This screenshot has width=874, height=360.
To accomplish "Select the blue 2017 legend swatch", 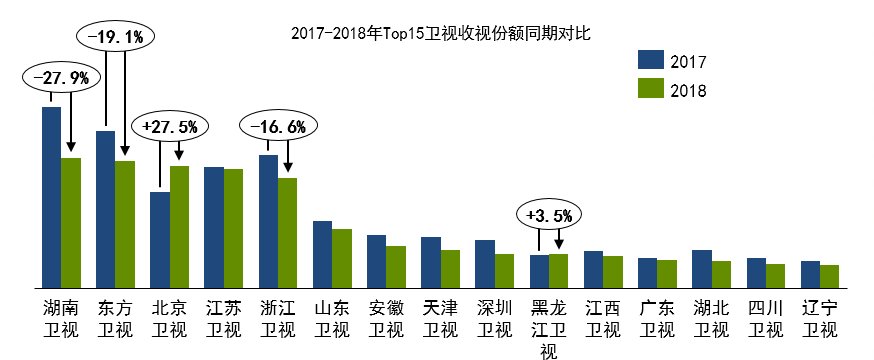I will click(x=651, y=60).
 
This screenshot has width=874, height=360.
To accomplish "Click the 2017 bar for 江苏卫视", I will click(x=213, y=228).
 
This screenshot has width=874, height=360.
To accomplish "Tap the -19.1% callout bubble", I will click(x=115, y=37).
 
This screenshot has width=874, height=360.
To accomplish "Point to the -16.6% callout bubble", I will click(x=278, y=127).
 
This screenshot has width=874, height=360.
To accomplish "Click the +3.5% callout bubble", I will click(x=549, y=214).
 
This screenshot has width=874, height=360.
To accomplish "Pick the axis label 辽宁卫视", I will click(x=819, y=319).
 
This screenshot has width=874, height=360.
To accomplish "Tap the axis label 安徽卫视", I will click(x=386, y=319).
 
